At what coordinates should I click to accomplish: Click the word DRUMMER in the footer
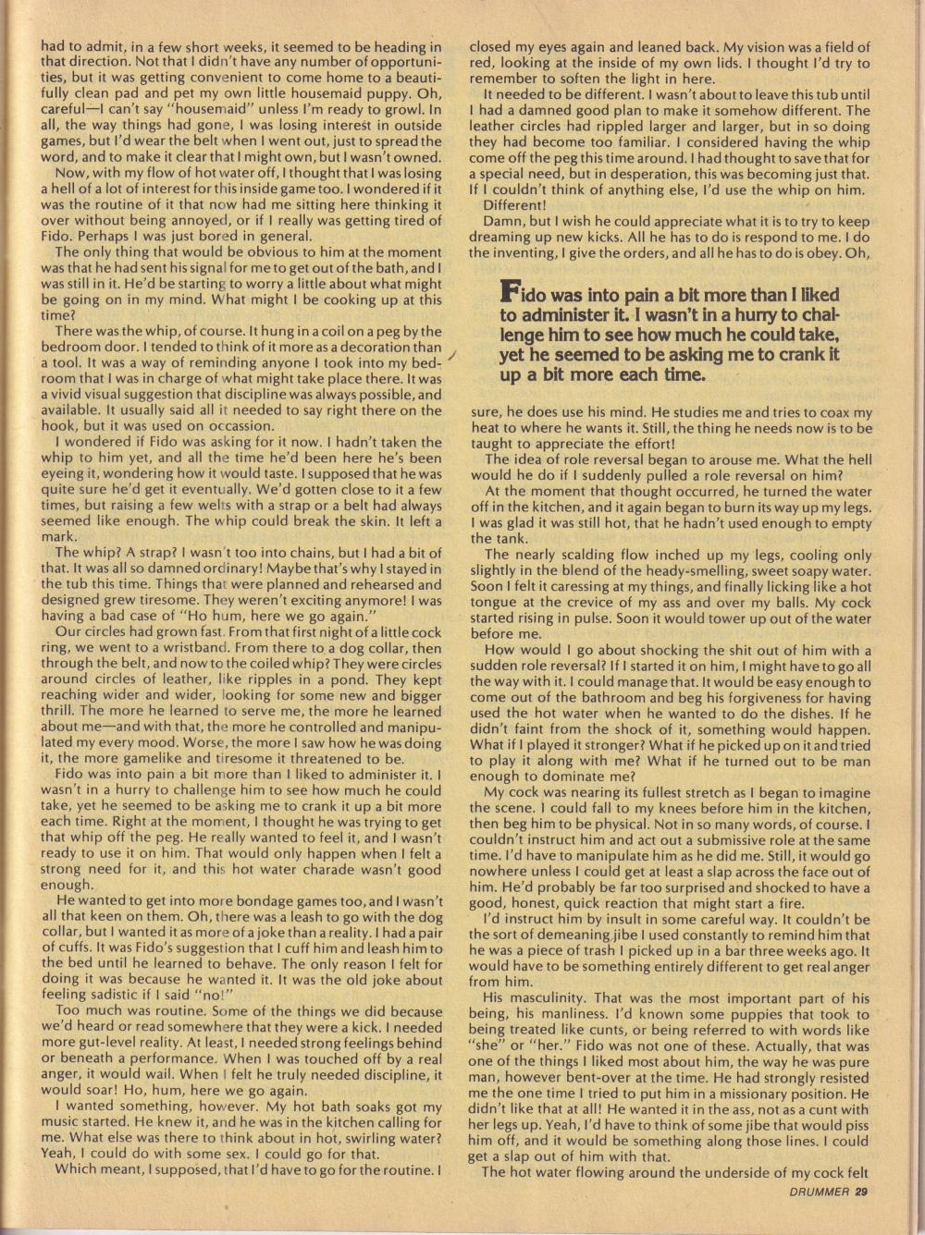[819, 1190]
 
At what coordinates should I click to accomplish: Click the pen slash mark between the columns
[450, 355]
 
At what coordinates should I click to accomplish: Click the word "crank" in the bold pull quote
[791, 354]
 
